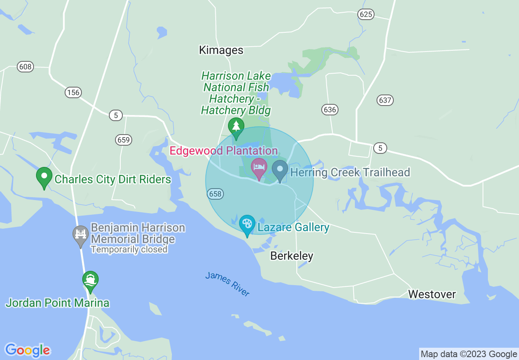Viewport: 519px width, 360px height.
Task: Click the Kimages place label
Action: [221, 50]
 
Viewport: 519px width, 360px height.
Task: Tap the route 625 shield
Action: [366, 14]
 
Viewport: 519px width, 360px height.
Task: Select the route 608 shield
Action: [25, 67]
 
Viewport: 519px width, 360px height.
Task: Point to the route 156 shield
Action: [73, 92]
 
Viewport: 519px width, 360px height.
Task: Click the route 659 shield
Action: [123, 140]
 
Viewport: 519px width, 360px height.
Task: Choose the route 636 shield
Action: [329, 109]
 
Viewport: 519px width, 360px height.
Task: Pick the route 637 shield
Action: [385, 100]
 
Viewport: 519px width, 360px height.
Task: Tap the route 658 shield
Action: [215, 194]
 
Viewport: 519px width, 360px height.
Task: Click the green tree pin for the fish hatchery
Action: [236, 126]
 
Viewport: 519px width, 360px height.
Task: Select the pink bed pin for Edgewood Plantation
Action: [259, 168]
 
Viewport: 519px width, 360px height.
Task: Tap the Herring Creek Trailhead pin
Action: [280, 169]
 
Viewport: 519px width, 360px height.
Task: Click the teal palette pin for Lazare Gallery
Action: [247, 224]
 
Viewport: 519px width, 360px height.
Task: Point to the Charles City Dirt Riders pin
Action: [44, 177]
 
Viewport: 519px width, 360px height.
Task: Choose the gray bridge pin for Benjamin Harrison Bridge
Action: [81, 235]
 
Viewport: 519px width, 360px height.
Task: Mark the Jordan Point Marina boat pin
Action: [90, 280]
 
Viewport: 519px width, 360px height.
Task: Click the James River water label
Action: [227, 284]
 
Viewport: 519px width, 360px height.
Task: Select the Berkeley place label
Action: [292, 256]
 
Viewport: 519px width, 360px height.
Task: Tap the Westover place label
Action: [432, 294]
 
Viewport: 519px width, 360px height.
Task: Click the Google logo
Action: [27, 350]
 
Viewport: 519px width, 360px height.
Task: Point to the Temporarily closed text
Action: [129, 249]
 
